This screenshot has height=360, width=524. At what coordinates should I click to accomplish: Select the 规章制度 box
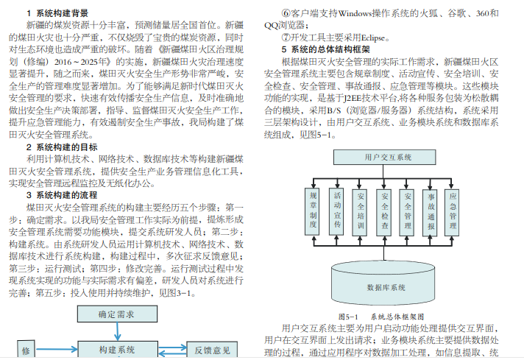pos(313,211)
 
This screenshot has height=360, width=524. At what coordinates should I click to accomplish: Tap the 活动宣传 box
pos(338,211)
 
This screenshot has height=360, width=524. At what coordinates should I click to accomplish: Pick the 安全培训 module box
pos(361,211)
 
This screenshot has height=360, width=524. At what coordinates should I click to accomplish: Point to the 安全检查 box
pos(385,211)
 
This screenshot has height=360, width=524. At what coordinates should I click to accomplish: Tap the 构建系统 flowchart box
pos(116,349)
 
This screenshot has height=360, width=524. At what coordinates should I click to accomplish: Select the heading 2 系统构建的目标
pos(62,147)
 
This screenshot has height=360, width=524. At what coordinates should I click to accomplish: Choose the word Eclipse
pos(368,38)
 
